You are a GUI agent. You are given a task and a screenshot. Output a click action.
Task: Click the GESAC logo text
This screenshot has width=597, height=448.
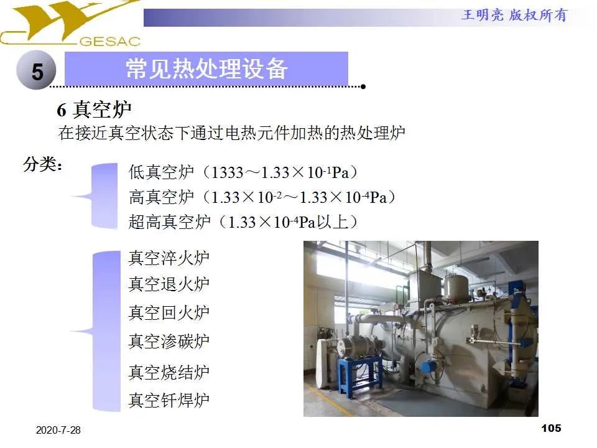tap(111, 42)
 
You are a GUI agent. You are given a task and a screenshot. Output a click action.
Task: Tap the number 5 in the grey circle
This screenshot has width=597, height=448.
tap(37, 72)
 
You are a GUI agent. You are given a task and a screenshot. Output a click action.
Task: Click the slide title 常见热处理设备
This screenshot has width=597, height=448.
tap(206, 68)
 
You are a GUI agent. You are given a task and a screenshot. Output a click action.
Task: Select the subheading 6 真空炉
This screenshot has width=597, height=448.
tap(94, 110)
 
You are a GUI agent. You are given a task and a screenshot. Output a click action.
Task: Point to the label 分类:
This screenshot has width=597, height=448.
tap(43, 166)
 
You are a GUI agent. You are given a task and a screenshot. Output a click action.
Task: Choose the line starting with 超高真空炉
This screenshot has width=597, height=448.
tap(243, 222)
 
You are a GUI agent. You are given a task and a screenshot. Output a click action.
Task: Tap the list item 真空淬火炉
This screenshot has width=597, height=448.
tap(169, 258)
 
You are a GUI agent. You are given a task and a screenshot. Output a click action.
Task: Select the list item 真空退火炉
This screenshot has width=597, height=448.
tap(169, 284)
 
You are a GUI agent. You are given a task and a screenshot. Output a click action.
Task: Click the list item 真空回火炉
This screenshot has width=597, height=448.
tap(169, 312)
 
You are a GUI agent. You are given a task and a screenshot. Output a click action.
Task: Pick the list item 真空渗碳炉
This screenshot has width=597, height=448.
tap(169, 341)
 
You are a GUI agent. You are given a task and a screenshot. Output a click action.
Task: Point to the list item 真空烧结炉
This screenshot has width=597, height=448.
tap(169, 373)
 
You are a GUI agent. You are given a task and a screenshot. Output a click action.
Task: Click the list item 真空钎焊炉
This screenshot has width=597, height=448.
tap(169, 400)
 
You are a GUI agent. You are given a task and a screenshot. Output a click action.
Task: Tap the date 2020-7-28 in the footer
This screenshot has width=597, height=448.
tap(58, 431)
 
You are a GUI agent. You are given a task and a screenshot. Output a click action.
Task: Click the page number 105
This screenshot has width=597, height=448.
tap(551, 428)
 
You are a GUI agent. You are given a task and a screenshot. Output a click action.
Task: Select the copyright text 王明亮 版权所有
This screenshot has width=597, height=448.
tap(514, 16)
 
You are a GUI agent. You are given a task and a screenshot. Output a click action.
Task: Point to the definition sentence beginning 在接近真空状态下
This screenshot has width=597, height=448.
tap(232, 133)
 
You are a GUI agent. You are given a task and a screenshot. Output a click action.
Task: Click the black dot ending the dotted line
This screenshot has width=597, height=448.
tap(363, 86)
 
